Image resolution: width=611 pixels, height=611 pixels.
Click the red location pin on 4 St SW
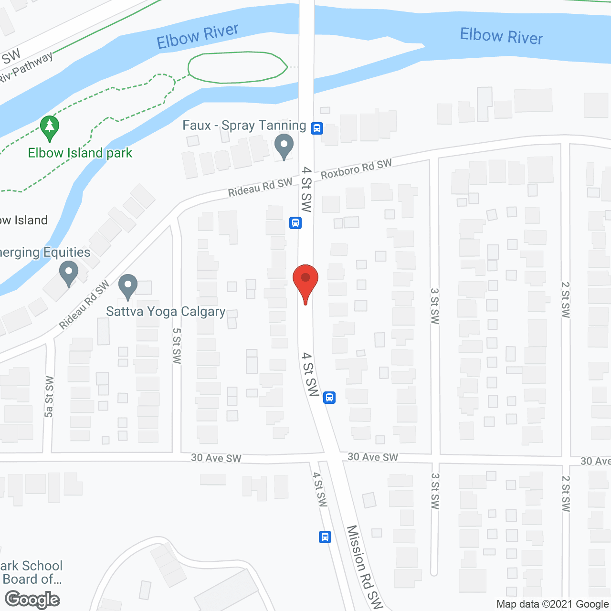coord(305,282)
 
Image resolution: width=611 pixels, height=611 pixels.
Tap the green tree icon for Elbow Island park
coord(50,127)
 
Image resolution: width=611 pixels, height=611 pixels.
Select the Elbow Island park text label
coord(80,153)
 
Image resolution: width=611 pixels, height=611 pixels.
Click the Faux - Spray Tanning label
coord(244,126)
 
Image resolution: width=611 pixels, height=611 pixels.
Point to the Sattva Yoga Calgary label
coord(166,312)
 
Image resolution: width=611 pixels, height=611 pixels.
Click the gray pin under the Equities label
coord(69,274)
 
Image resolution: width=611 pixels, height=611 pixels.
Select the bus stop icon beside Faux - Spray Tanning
coord(317,128)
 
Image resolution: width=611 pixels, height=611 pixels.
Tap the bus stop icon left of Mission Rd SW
coord(325,537)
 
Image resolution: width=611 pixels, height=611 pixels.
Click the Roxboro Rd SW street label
coord(356,169)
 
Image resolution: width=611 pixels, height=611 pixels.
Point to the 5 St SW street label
coord(177,346)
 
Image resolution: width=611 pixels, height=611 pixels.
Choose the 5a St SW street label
coord(49,396)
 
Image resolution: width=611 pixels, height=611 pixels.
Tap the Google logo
coord(32,600)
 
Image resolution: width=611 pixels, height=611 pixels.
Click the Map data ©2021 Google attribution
coord(552,604)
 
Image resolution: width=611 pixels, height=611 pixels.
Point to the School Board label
coord(32,572)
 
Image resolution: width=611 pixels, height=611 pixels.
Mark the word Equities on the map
coord(67,252)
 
